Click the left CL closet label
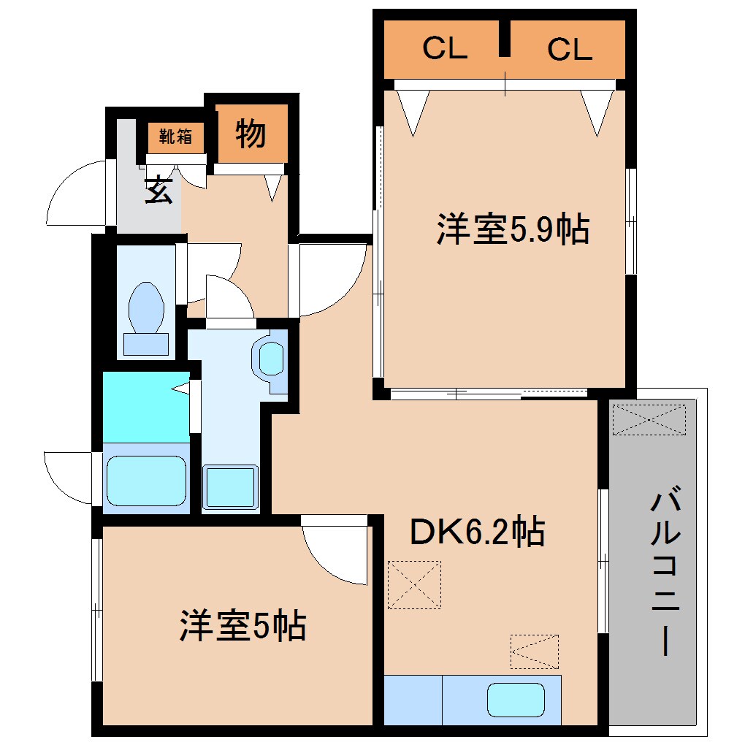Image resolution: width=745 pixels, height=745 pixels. [445, 48]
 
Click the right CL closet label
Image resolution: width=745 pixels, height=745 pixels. [570, 49]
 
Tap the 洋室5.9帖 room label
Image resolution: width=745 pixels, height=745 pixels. [513, 229]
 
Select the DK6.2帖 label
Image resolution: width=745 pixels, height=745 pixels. [477, 531]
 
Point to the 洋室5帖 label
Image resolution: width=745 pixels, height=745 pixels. [242, 625]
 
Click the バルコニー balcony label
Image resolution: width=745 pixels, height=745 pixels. [665, 570]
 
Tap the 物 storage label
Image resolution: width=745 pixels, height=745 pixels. [251, 134]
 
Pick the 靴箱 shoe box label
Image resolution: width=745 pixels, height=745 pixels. [175, 137]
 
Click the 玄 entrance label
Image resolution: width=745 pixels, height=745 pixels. [158, 190]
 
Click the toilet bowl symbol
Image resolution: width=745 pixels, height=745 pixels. [146, 307]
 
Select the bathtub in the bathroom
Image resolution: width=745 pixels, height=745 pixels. [146, 481]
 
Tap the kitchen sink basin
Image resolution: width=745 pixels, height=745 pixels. [516, 700]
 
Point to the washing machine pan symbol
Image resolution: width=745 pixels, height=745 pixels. [230, 486]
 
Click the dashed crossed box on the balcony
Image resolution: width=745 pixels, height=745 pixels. [649, 419]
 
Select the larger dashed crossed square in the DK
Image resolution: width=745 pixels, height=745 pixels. [414, 584]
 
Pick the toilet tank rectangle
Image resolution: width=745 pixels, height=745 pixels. [146, 344]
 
